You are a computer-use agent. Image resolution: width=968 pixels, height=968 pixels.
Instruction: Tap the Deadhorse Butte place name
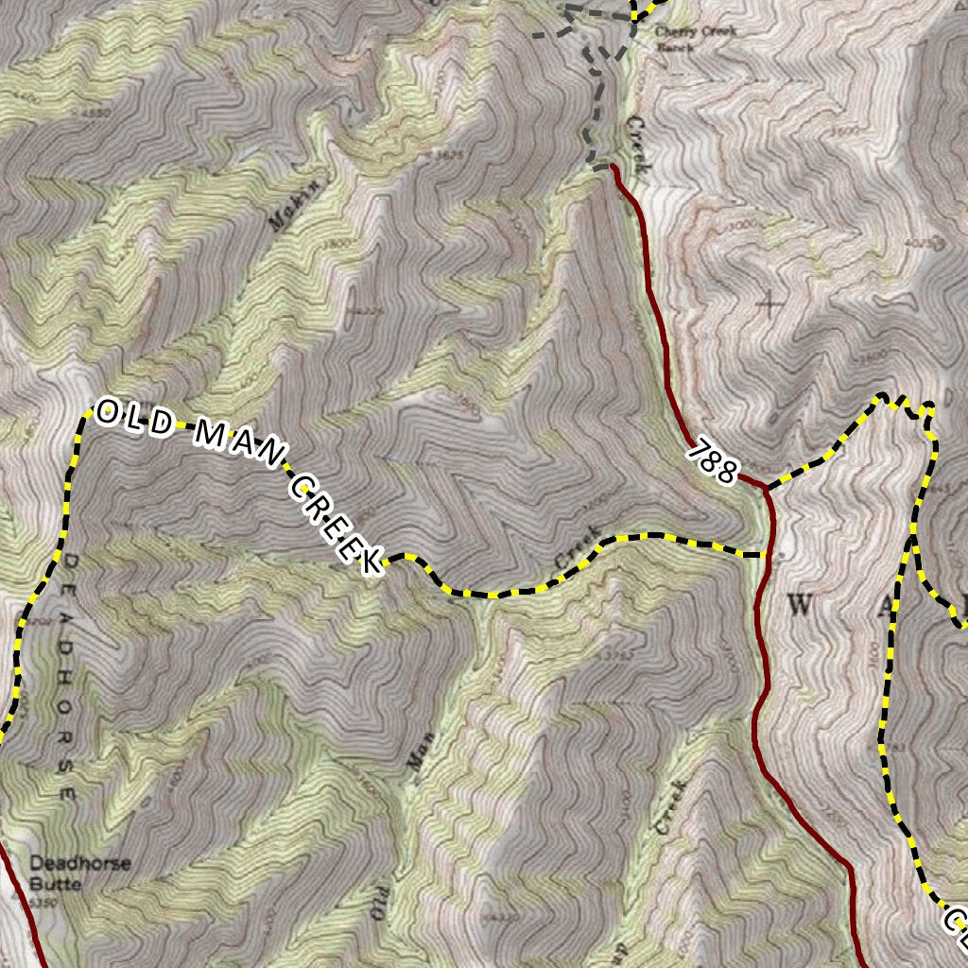point(79,873)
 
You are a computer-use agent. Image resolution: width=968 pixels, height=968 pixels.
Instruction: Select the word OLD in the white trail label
point(133,419)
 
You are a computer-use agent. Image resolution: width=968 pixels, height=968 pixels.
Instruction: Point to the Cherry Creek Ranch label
point(696,37)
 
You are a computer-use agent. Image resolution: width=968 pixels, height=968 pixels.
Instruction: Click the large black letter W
point(799,607)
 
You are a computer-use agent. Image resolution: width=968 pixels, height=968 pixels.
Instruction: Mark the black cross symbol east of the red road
point(769,303)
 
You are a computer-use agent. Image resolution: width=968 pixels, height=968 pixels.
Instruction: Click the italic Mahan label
point(290,206)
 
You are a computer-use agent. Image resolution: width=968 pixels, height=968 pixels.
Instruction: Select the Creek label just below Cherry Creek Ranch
point(635,147)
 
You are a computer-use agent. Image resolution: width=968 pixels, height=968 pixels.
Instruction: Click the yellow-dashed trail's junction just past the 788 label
point(766,488)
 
